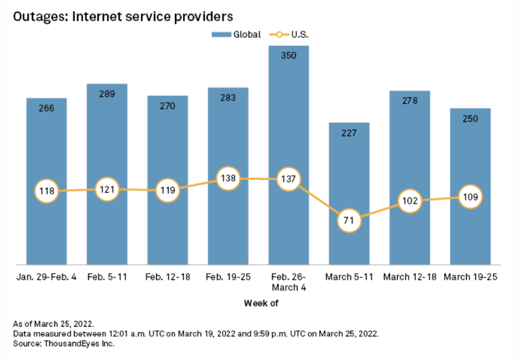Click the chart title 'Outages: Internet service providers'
(x=123, y=16)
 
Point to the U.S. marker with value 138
(x=228, y=178)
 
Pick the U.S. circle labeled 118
(x=47, y=191)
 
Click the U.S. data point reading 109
(x=470, y=197)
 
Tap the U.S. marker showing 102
(x=410, y=201)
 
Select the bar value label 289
(x=107, y=94)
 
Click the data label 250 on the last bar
(x=470, y=119)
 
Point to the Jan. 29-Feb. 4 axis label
(x=47, y=277)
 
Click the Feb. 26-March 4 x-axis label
(x=288, y=282)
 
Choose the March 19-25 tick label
(x=470, y=277)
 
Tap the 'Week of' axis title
(x=261, y=303)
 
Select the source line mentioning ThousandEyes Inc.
(x=65, y=344)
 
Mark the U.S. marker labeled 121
(x=107, y=190)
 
